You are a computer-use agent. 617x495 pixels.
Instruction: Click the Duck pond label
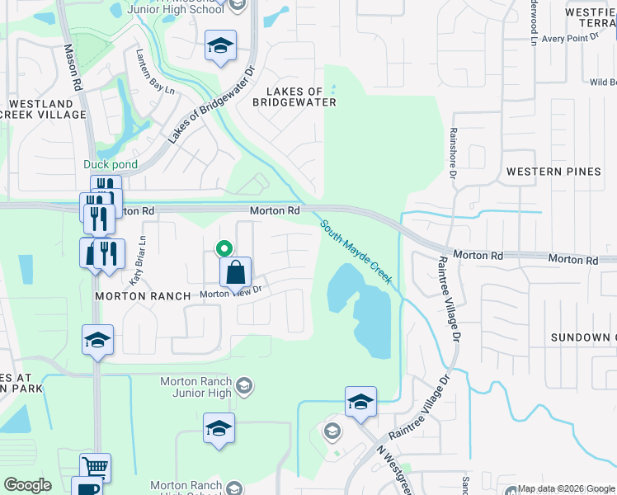tap(102, 164)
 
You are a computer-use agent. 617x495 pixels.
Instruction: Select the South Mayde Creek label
tap(355, 251)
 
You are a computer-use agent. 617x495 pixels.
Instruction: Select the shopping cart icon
tap(96, 467)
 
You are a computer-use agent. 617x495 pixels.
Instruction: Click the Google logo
tap(28, 485)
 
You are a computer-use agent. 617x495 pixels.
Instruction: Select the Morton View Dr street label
tap(231, 292)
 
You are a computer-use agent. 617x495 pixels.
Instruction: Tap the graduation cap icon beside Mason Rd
tap(97, 339)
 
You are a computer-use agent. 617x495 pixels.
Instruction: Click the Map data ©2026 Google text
tap(564, 488)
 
